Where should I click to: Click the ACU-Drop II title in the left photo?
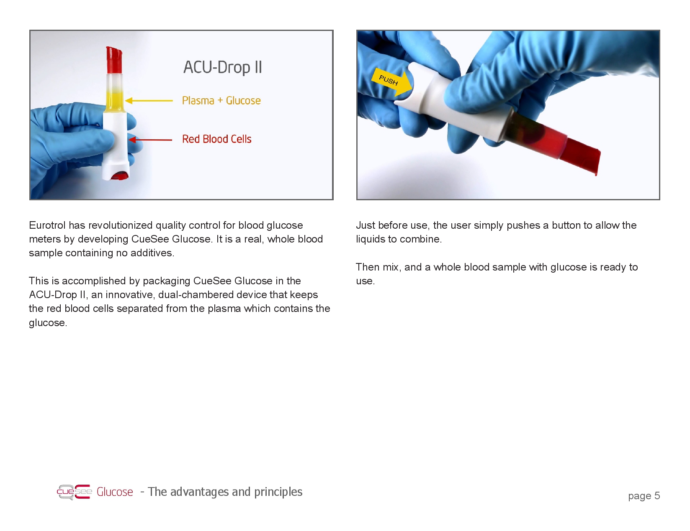coord(223,67)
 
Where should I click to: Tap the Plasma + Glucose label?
coord(221,100)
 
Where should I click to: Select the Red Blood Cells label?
coord(216,139)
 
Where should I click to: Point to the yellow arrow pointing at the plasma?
coord(149,100)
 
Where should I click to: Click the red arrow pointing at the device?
coord(150,140)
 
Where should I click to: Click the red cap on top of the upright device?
coord(114,60)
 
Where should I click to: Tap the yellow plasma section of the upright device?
coord(114,101)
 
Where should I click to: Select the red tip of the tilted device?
coord(581,156)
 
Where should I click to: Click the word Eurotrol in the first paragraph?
coord(47,225)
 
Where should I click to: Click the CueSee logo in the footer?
coord(74,492)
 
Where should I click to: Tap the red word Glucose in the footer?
coord(115,492)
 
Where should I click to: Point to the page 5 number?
coord(644,496)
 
